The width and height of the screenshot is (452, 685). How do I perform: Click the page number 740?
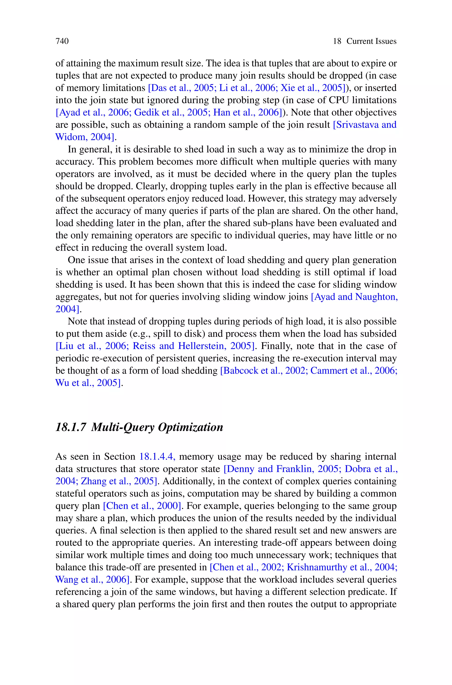click(x=62, y=41)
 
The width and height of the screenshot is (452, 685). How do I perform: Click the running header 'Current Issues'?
click(x=371, y=41)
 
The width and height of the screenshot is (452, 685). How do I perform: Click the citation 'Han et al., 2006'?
click(x=247, y=112)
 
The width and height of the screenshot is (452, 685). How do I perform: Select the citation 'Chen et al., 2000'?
click(x=142, y=506)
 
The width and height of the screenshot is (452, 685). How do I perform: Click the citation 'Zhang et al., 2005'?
click(x=119, y=481)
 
